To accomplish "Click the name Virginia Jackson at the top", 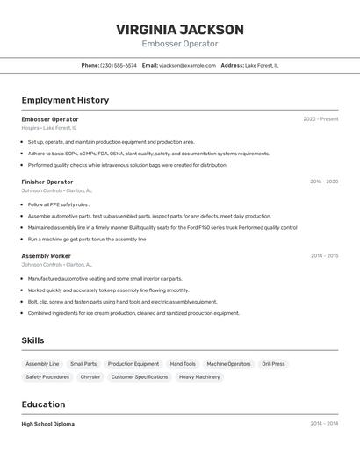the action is pos(179,30).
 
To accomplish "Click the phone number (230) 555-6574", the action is pos(118,65).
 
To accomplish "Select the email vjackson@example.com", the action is pos(187,65).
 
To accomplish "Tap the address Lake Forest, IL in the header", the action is pos(262,65).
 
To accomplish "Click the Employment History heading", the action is pos(65,100).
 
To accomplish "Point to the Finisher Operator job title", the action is pos(47,182).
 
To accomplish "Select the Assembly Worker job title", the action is pos(46,256).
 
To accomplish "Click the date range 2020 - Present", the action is pos(320,119).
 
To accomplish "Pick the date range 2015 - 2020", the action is pos(324,182).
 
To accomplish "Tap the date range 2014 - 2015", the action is pos(324,256).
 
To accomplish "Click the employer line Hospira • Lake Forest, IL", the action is pos(49,128).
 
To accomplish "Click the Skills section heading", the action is pos(33,340).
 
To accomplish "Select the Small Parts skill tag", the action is pos(83,364).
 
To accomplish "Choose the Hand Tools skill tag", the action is pos(183,364).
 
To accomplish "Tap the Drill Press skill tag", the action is pos(273,364).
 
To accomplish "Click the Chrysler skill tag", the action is pos(90,377).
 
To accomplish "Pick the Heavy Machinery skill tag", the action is pos(199,377).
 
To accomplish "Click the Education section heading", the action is pos(43,404).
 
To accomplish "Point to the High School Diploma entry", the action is pos(48,424).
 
